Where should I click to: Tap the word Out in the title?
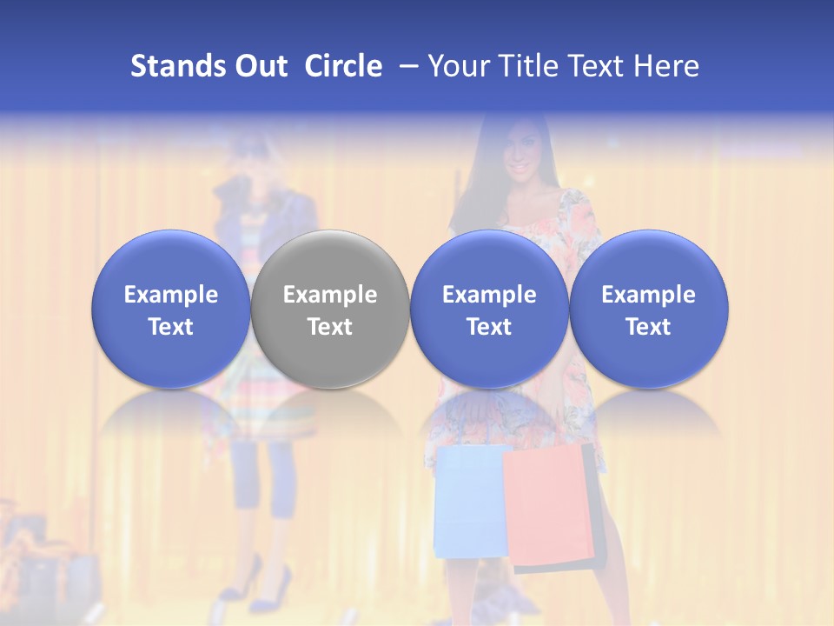(x=258, y=66)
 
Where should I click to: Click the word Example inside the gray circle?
(x=330, y=295)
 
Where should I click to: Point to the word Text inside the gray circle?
(x=330, y=327)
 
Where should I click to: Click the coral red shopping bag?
(x=549, y=504)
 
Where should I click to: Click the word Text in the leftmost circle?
(x=171, y=327)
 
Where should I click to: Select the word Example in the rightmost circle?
(x=648, y=295)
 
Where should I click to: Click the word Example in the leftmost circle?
(x=171, y=295)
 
